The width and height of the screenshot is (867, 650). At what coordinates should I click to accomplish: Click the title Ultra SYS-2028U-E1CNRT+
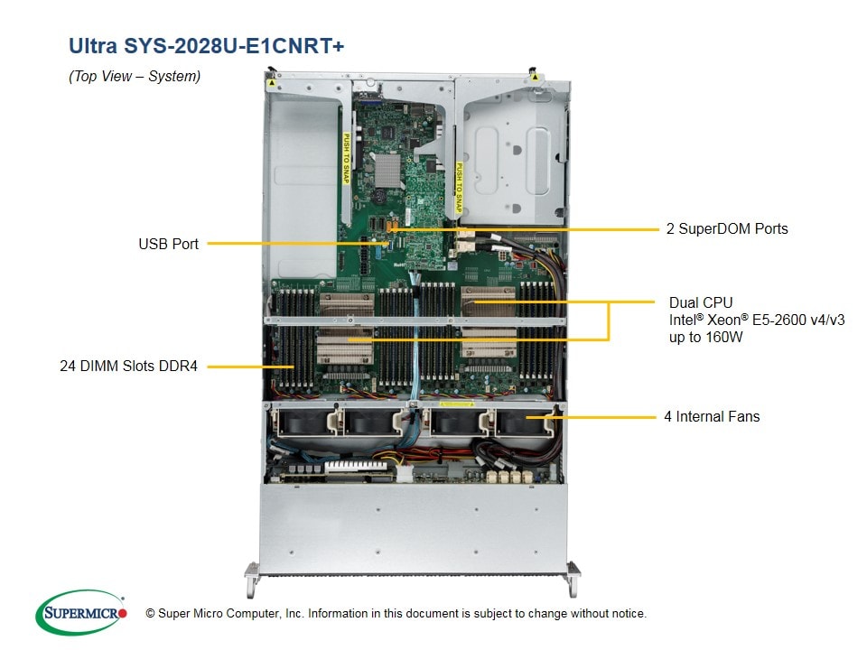pyautogui.click(x=206, y=45)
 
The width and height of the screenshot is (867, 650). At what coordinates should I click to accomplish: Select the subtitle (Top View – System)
pyautogui.click(x=135, y=77)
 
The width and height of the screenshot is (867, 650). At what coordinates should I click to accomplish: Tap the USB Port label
pyautogui.click(x=168, y=244)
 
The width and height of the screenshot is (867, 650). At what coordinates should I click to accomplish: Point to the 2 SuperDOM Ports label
pyautogui.click(x=727, y=228)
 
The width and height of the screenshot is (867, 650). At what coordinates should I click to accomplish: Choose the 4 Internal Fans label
pyautogui.click(x=713, y=416)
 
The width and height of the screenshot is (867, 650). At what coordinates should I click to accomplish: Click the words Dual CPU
pyautogui.click(x=701, y=302)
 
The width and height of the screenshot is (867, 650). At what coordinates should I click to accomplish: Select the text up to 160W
pyautogui.click(x=708, y=336)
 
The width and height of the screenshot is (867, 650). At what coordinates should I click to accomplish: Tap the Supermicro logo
pyautogui.click(x=81, y=613)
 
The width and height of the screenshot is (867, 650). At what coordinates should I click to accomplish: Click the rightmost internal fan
pyautogui.click(x=524, y=422)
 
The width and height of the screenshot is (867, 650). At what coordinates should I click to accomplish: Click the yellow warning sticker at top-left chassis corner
pyautogui.click(x=271, y=81)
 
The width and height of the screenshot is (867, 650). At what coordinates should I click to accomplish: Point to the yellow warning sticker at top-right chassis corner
pyautogui.click(x=536, y=79)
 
